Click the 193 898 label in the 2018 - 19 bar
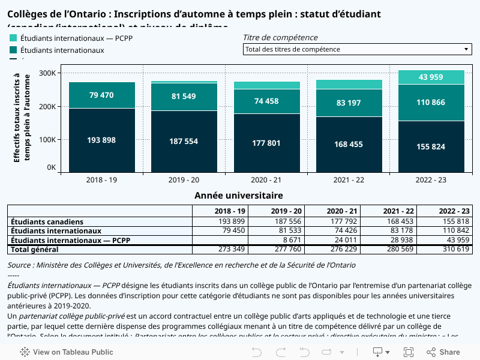101,140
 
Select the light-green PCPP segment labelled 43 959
431,77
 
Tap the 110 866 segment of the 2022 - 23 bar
431,103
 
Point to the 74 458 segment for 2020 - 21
266,101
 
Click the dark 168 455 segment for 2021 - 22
349,144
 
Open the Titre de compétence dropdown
357,49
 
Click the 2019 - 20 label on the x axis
184,180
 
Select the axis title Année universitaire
239,196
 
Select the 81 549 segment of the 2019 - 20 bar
184,97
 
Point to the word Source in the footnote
19,265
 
